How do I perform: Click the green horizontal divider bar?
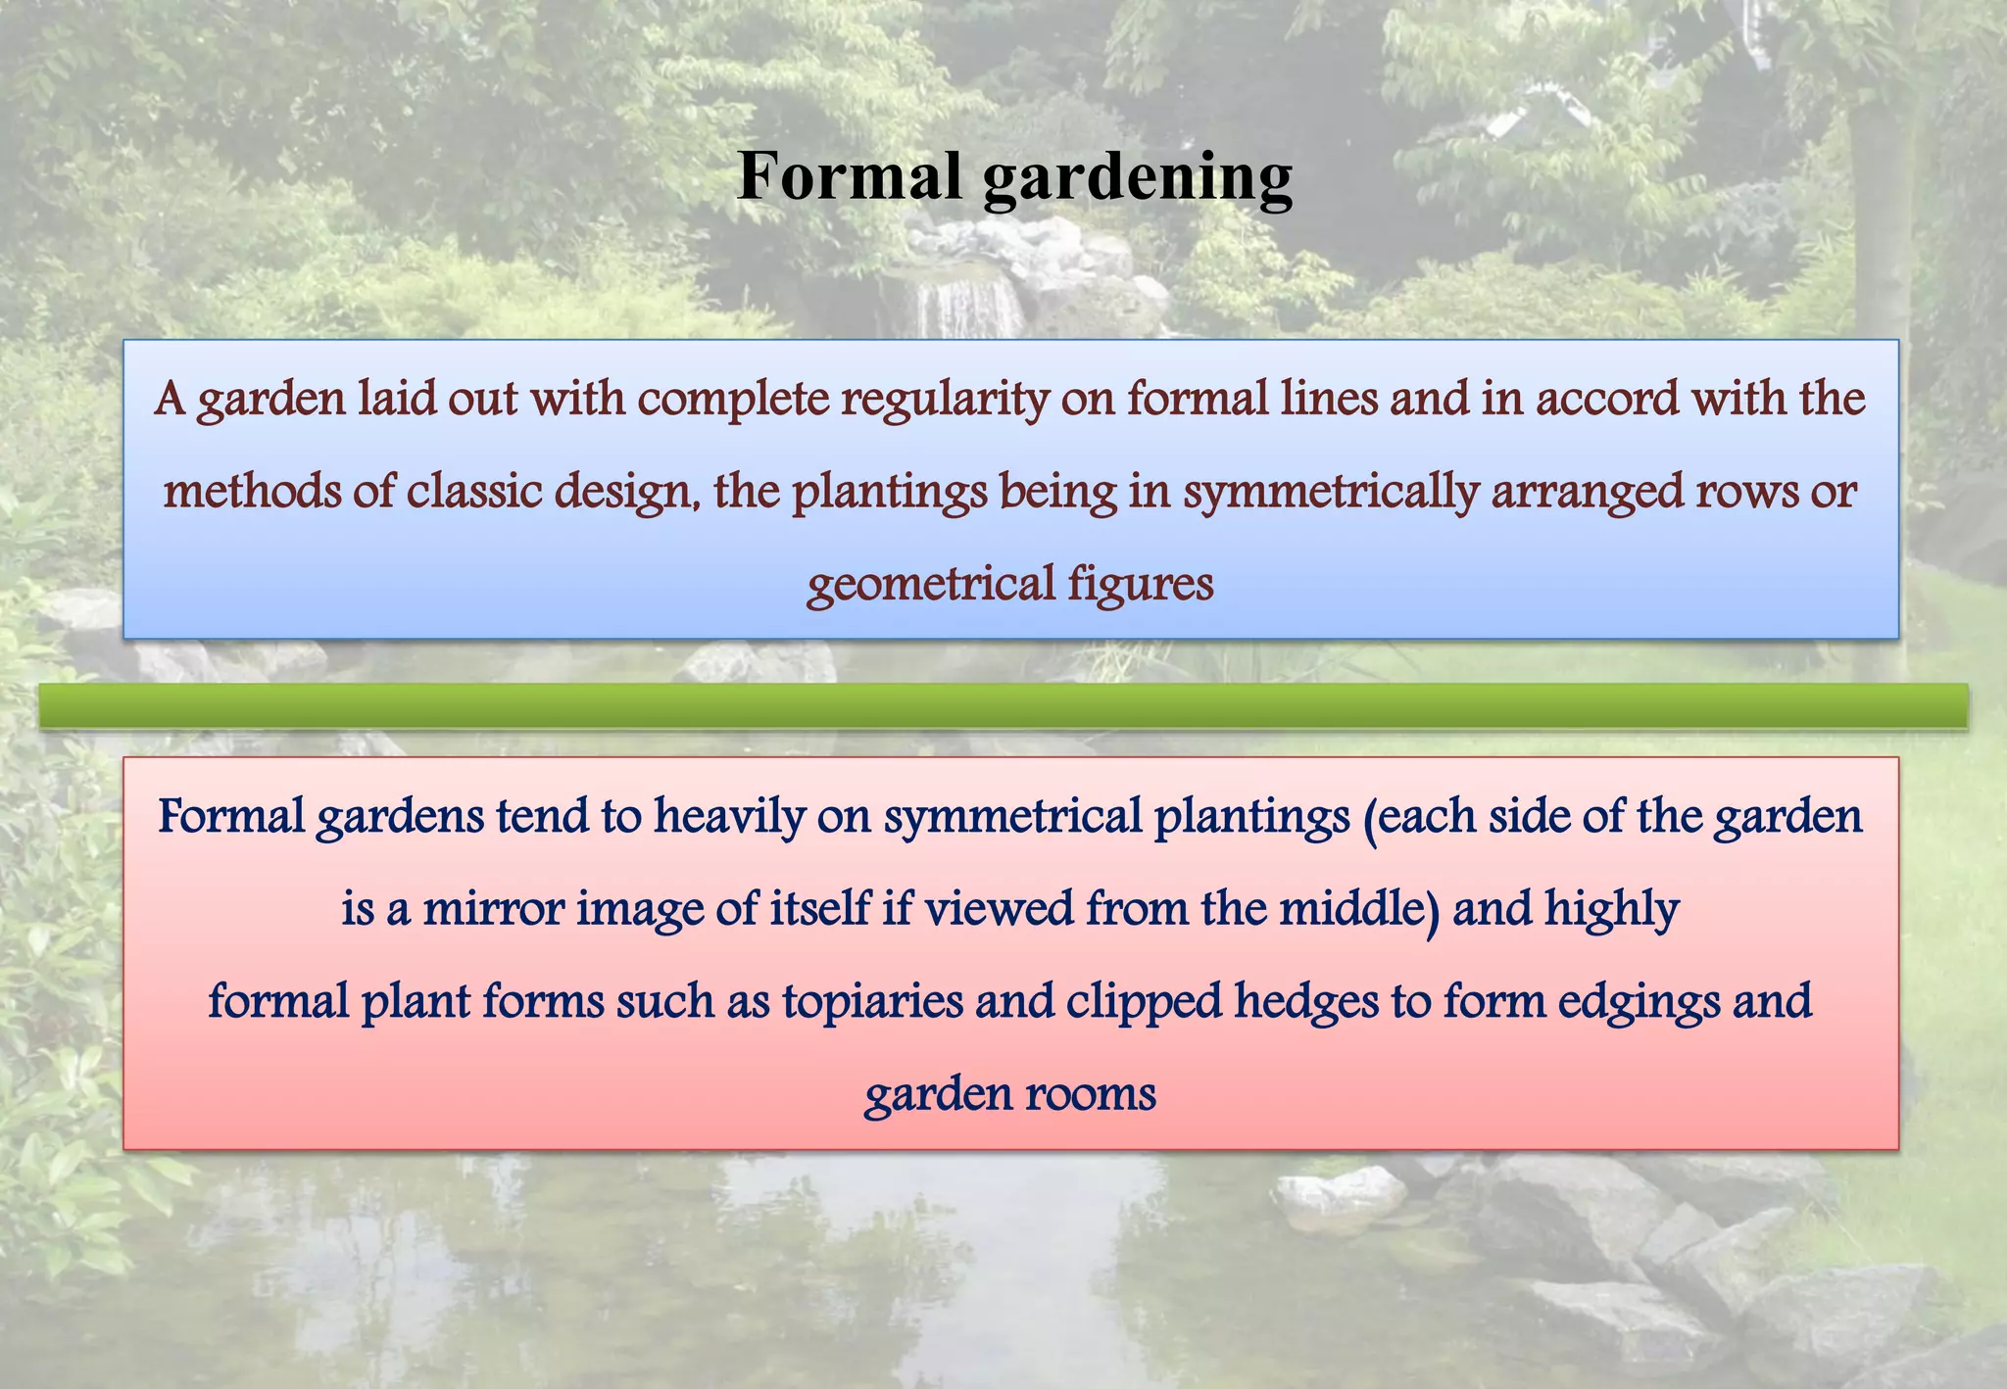click(1003, 705)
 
